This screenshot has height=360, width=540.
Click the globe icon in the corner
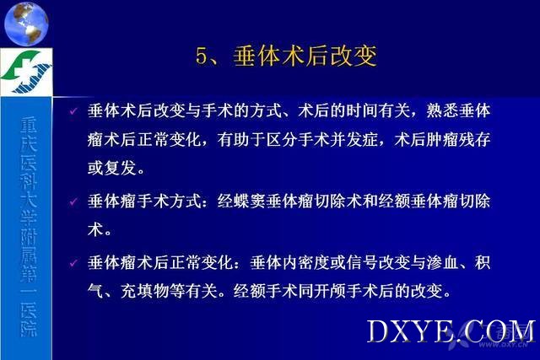click(26, 24)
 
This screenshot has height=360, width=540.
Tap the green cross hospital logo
click(26, 72)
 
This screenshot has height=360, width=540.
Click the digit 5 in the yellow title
click(201, 56)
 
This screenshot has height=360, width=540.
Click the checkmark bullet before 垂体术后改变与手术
click(73, 111)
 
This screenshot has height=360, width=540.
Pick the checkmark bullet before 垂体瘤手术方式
click(73, 201)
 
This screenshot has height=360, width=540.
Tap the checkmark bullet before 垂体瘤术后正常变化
click(73, 263)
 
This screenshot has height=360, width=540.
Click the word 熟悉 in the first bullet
click(442, 110)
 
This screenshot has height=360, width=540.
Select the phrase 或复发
click(111, 168)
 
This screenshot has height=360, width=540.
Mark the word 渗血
click(442, 263)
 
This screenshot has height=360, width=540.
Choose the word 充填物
click(144, 291)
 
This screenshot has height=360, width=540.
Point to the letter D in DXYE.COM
click(377, 331)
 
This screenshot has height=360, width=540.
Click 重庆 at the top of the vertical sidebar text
click(28, 135)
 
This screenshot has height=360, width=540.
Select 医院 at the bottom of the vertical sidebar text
click(28, 320)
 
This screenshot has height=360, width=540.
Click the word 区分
click(283, 139)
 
